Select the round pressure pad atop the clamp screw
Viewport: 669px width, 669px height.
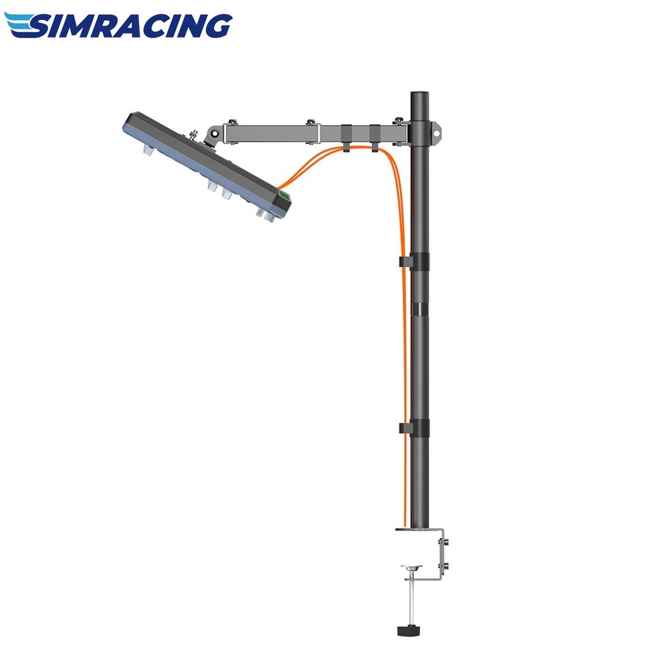tap(411, 569)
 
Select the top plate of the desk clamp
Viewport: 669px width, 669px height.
tap(418, 530)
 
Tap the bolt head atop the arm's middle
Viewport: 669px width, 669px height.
tap(310, 122)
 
